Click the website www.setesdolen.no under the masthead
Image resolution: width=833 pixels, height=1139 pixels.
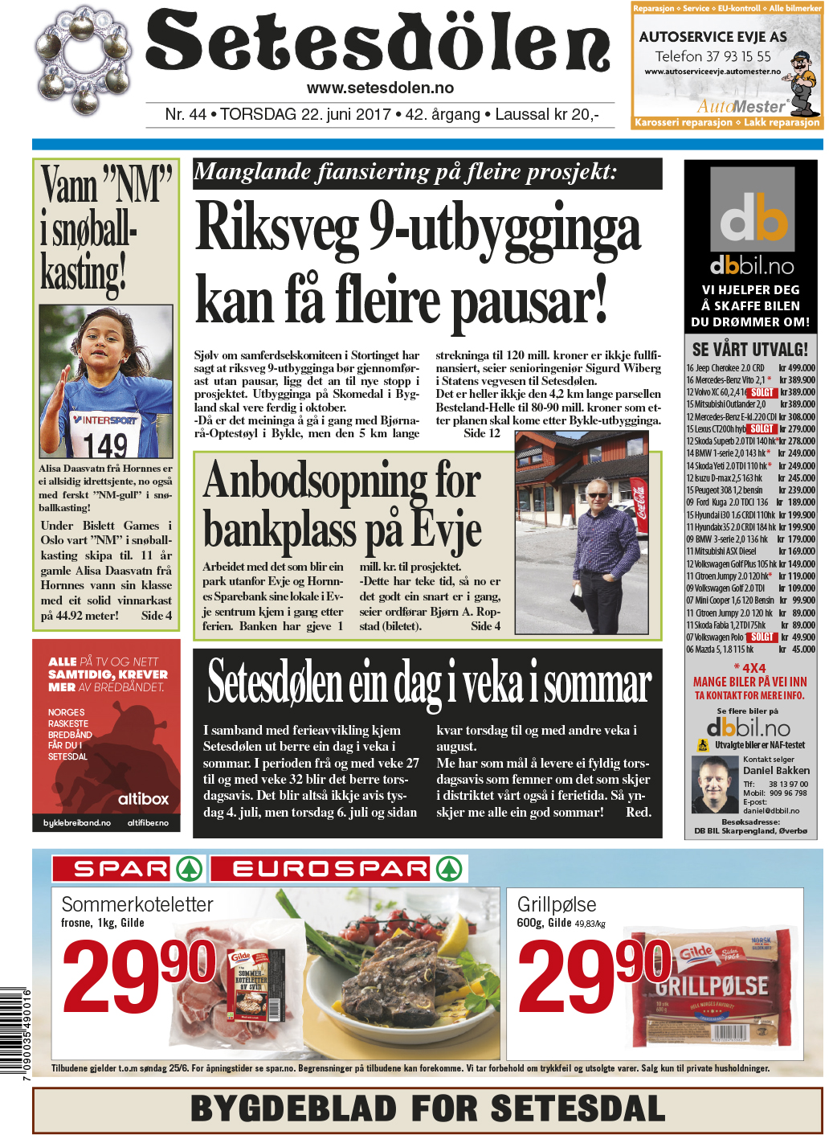[380, 88]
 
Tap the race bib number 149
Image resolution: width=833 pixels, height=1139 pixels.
[106, 445]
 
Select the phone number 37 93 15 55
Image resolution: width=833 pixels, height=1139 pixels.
[734, 56]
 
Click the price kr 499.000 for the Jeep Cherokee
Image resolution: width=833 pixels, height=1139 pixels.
[797, 368]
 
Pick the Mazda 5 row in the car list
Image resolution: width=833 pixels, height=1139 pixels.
[750, 649]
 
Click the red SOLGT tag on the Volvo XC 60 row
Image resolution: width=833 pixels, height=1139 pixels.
[762, 392]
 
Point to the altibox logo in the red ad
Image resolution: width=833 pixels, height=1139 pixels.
[143, 799]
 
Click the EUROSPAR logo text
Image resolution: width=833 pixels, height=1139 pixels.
[329, 869]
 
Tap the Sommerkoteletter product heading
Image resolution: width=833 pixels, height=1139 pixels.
[137, 904]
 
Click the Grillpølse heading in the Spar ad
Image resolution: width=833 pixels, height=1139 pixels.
[557, 904]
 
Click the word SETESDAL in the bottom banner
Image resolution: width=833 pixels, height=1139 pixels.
[578, 1108]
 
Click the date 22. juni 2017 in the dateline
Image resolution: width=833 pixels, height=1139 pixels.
[345, 114]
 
